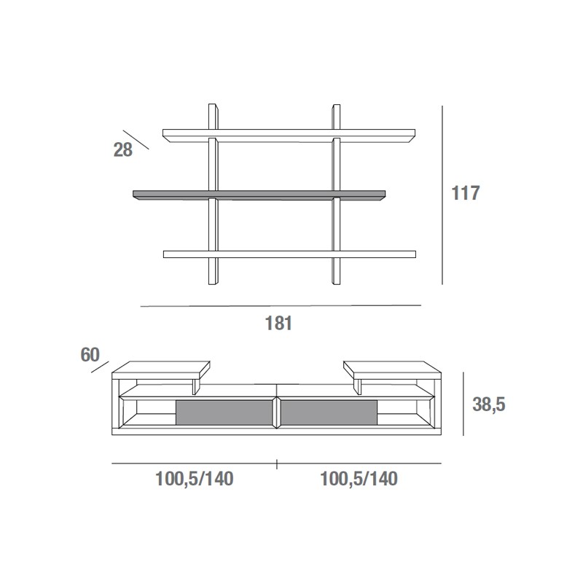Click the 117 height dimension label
(465, 193)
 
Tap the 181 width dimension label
(278, 323)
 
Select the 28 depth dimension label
(122, 150)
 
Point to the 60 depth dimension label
(90, 355)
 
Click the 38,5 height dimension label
(488, 404)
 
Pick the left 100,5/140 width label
(194, 479)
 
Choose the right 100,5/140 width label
(359, 479)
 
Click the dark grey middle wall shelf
(259, 195)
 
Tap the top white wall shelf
(289, 136)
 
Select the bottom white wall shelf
(289, 254)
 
